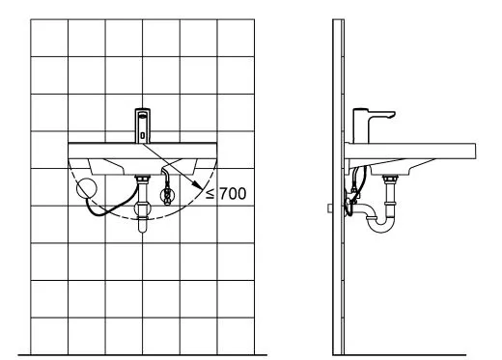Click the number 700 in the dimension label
(x=234, y=193)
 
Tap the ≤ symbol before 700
(x=209, y=194)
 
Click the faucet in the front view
(x=143, y=125)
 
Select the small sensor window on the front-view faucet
(x=143, y=135)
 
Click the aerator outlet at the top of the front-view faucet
(x=143, y=114)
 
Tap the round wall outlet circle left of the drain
(x=87, y=188)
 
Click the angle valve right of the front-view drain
(x=167, y=194)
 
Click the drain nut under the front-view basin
(x=143, y=179)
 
